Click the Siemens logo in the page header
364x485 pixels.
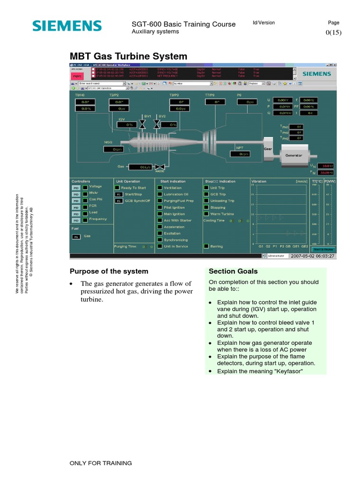(x=67, y=26)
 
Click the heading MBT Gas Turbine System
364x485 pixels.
(x=128, y=56)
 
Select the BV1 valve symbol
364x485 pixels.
(x=142, y=125)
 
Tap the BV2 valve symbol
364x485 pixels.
(x=157, y=125)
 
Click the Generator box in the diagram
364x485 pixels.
(x=293, y=155)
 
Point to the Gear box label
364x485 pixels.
(x=269, y=148)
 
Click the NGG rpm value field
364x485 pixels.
(x=117, y=150)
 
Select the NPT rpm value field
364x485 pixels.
(x=242, y=154)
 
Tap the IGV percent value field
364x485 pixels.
(x=128, y=125)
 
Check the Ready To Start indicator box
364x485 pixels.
(x=118, y=188)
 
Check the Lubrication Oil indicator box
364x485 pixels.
(x=160, y=195)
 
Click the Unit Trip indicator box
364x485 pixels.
(x=206, y=188)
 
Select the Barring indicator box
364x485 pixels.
(x=206, y=246)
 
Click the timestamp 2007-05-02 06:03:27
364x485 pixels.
(x=313, y=256)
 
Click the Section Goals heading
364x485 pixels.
(x=233, y=271)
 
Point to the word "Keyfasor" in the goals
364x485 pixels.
(x=287, y=371)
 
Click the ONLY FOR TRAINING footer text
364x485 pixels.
(x=100, y=463)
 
